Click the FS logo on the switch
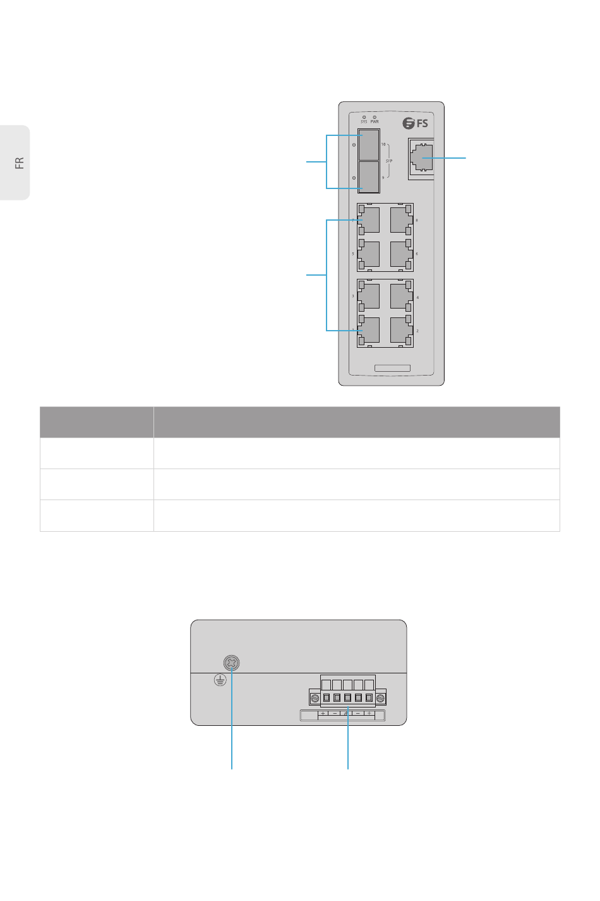[416, 123]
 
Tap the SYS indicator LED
[364, 117]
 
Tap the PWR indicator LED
[375, 117]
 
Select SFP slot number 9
[369, 176]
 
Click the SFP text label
[389, 161]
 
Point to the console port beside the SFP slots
[421, 157]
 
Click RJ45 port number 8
[401, 220]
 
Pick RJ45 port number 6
[401, 254]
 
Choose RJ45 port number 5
[369, 254]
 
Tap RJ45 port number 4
[401, 297]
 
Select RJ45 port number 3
[369, 296]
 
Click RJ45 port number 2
[401, 330]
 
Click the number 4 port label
[417, 297]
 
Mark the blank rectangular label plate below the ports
[392, 368]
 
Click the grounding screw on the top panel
[232, 663]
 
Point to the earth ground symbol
[220, 680]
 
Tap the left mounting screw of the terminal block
[315, 698]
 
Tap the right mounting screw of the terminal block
[380, 698]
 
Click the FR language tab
[19, 163]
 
